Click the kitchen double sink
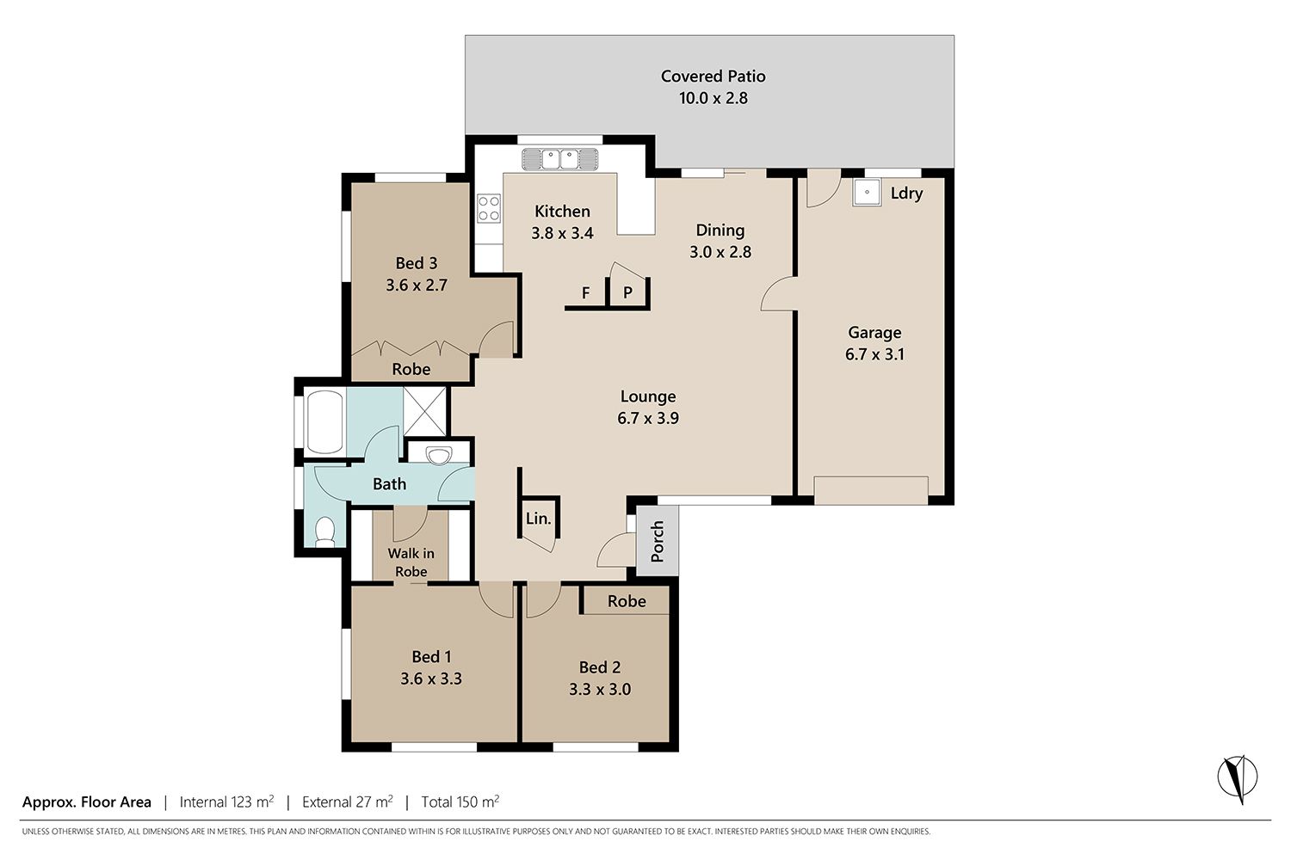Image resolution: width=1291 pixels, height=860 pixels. [560, 159]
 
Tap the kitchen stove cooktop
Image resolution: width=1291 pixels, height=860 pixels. [489, 208]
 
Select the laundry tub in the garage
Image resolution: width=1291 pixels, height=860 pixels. [867, 193]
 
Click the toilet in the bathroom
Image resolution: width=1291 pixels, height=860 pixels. [325, 531]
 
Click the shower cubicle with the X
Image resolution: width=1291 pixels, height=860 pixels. [425, 411]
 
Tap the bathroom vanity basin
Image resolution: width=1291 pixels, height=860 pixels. [438, 455]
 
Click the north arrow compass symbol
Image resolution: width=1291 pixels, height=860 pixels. [1238, 779]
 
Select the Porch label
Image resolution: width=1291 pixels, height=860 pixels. [657, 542]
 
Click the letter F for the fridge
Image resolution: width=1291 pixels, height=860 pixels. [585, 293]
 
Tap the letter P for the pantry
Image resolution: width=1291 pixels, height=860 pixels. [627, 292]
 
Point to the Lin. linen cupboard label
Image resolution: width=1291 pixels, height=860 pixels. [538, 519]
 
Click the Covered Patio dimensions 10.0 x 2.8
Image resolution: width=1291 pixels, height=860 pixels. [713, 98]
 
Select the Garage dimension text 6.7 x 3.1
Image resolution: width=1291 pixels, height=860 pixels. [874, 354]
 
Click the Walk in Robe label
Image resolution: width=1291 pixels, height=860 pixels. [411, 562]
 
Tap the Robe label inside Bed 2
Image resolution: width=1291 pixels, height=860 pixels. [627, 601]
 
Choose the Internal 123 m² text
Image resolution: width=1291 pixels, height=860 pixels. [226, 802]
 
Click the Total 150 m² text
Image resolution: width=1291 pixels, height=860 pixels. [460, 802]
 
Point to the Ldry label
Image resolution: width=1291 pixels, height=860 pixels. [906, 193]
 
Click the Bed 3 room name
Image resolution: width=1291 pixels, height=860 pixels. [416, 263]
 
